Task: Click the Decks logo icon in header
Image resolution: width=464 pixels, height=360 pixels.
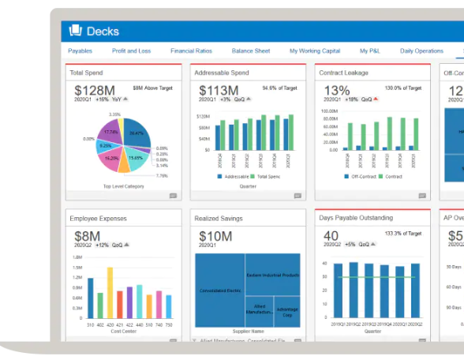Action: coord(77,31)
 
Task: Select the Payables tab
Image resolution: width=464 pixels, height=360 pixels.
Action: coord(80,51)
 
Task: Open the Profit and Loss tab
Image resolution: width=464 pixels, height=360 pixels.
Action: coord(131,51)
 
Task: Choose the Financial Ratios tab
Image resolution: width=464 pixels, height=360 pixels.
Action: coord(191,51)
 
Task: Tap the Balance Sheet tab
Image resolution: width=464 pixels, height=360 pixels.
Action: coord(250,51)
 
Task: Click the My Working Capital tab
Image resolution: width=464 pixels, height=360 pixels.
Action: coord(314,51)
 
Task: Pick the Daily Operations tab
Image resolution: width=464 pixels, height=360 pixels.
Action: coord(421,51)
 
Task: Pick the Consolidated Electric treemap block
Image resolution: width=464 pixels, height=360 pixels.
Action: coord(219,291)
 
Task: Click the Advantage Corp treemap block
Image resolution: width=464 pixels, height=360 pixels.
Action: coord(288,311)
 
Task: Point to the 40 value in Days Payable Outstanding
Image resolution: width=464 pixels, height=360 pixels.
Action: coord(331,236)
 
